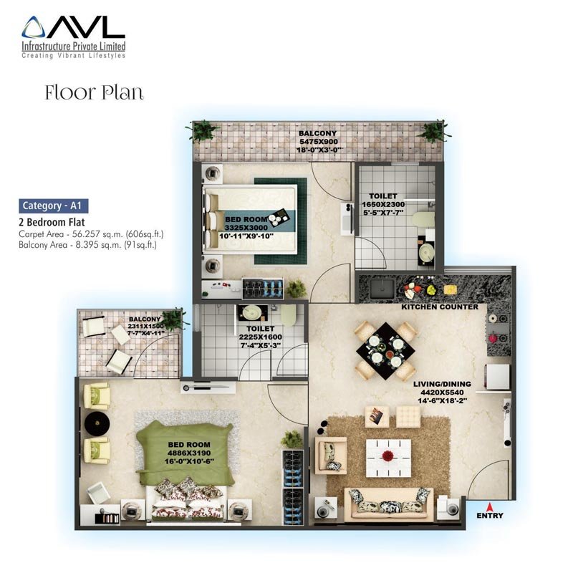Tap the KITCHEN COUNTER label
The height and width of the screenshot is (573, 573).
click(440, 307)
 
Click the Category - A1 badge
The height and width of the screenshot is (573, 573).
click(54, 206)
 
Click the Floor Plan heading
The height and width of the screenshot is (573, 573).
click(94, 92)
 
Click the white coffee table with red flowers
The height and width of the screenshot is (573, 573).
click(388, 455)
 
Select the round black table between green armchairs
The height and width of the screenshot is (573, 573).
click(96, 423)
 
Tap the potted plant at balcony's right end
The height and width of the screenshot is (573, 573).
click(433, 132)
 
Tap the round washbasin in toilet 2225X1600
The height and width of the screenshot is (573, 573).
click(252, 313)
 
